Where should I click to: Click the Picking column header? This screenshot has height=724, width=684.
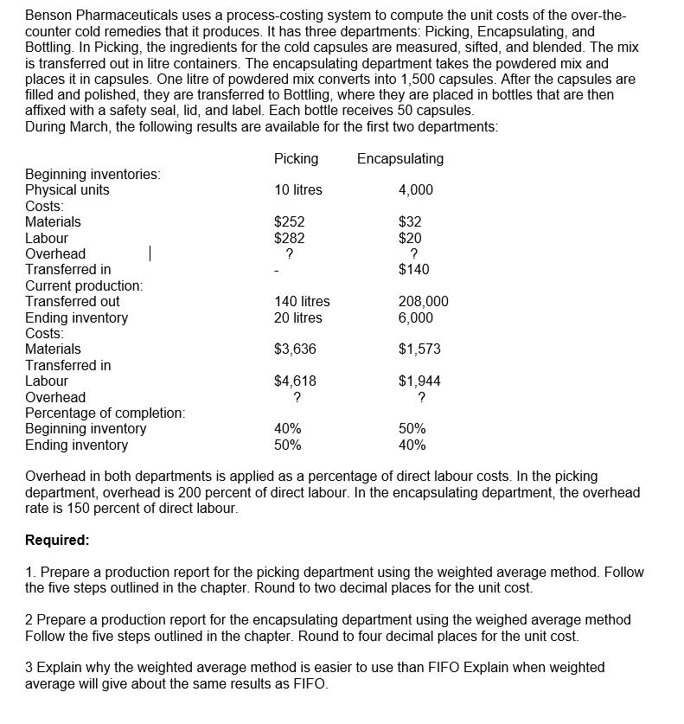(x=296, y=158)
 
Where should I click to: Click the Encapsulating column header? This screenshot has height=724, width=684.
(x=400, y=158)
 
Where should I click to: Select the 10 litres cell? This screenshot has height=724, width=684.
(x=297, y=190)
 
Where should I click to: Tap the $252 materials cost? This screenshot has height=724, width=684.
(x=289, y=222)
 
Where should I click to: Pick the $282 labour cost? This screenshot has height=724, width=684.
(x=289, y=238)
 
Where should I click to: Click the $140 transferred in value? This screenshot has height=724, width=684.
(x=414, y=270)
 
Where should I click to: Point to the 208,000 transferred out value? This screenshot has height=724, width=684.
(x=423, y=302)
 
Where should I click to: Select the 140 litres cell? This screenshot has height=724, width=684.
(x=302, y=302)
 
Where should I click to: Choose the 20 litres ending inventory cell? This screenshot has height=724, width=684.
(x=297, y=317)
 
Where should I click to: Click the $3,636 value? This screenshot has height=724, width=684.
(x=295, y=349)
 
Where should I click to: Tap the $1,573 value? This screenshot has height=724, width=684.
(x=419, y=349)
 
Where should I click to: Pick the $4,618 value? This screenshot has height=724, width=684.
(x=295, y=381)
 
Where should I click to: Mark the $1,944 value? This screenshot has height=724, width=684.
(x=419, y=381)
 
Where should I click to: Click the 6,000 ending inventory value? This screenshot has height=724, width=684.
(x=416, y=317)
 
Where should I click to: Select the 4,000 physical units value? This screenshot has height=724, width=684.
(x=416, y=190)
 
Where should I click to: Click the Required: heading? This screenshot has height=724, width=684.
(x=57, y=540)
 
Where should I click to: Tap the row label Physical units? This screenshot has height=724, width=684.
(x=67, y=190)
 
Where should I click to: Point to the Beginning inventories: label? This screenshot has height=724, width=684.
(x=93, y=175)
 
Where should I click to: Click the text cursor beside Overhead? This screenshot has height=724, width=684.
(x=150, y=253)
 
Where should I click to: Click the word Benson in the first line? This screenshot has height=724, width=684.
(x=48, y=16)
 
